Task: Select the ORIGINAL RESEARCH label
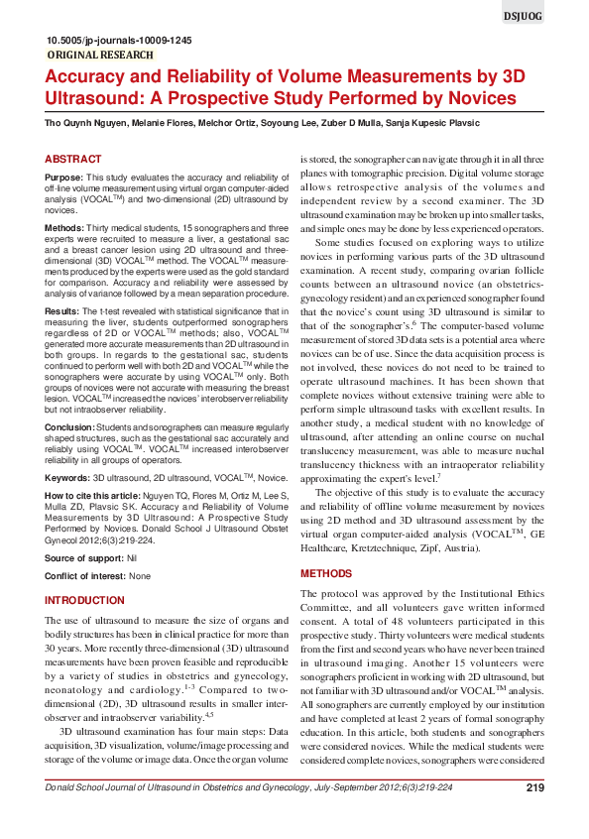coord(100,56)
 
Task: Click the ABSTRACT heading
coord(73,159)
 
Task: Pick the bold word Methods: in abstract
coord(65,228)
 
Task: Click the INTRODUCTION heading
coord(85,601)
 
